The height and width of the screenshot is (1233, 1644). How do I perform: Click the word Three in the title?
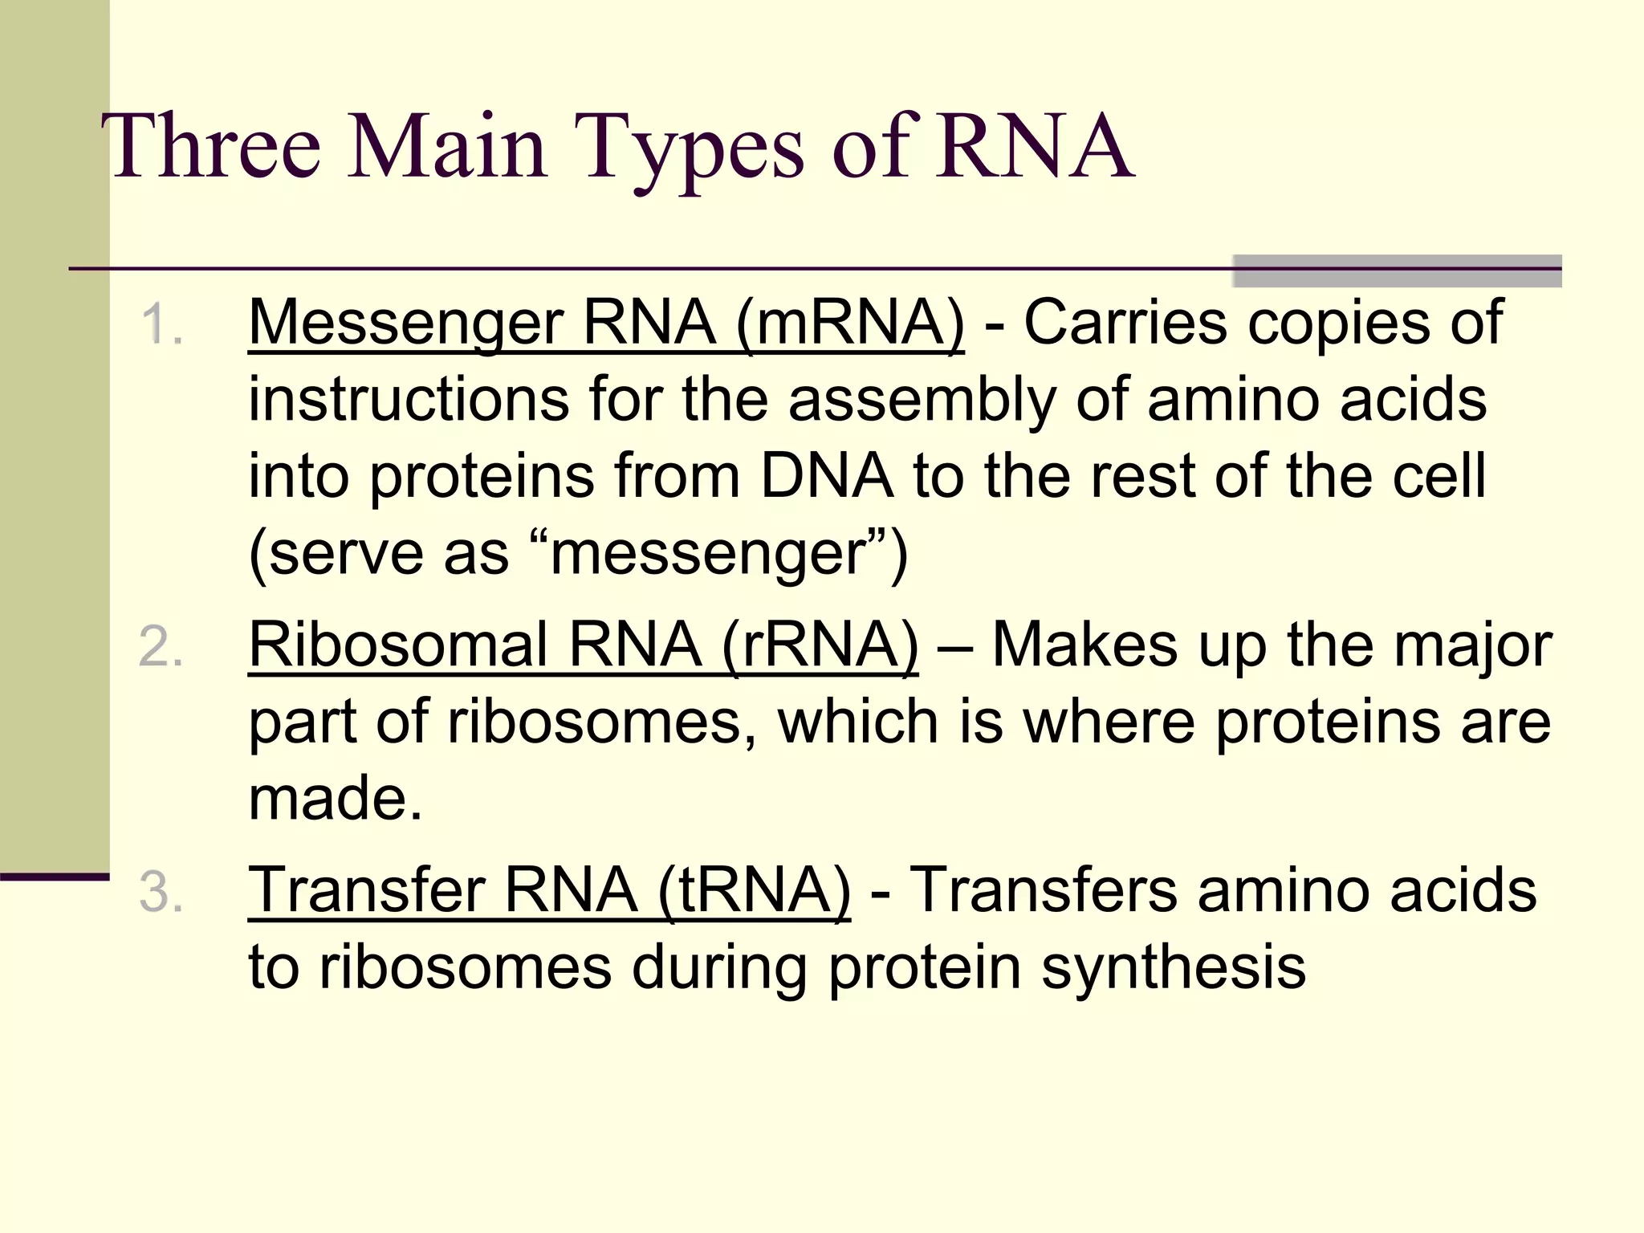[x=210, y=146]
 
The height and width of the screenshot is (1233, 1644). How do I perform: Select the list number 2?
[x=161, y=647]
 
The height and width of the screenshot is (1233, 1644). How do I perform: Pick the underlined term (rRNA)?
[x=820, y=645]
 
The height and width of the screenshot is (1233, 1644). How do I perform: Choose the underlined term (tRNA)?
[x=754, y=891]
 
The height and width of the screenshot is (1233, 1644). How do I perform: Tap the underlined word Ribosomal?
[x=398, y=645]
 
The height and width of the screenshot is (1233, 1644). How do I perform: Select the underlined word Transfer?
[x=366, y=891]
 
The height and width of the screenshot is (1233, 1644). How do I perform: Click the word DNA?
[x=826, y=476]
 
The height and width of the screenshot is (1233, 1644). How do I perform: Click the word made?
[x=335, y=799]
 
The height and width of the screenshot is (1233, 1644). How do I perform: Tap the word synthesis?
[x=1173, y=968]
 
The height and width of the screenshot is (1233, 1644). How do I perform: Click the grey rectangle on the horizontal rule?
[x=1397, y=271]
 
